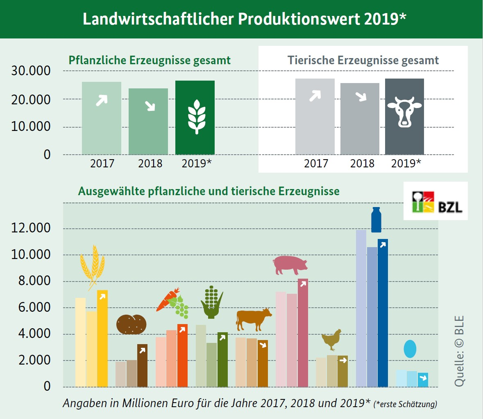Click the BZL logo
[436, 201]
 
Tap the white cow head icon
[404, 111]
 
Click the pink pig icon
[290, 265]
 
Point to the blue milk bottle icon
[376, 220]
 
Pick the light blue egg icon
[410, 349]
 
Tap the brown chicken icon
[331, 339]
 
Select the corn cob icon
[211, 302]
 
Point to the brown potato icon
[131, 324]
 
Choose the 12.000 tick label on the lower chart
[31, 228]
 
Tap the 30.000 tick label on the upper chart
[31, 71]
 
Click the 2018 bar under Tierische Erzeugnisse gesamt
[360, 119]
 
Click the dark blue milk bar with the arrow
[383, 313]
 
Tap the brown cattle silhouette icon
[254, 320]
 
